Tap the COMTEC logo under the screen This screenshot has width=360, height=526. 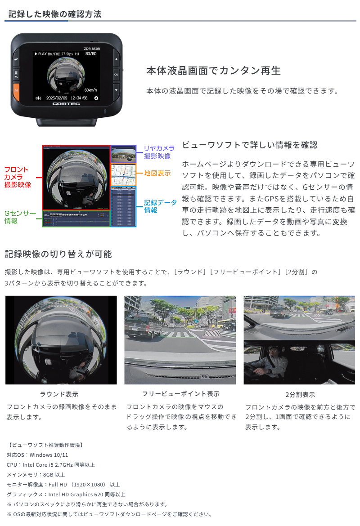(66, 104)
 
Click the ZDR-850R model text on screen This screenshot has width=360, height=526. (92, 48)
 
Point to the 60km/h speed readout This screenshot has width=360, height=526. (92, 89)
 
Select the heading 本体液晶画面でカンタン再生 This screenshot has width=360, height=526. (213, 71)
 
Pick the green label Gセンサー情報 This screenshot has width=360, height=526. (20, 217)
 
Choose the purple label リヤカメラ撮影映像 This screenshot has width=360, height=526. (159, 152)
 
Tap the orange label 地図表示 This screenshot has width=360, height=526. (157, 173)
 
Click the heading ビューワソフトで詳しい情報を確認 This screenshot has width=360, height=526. (249, 145)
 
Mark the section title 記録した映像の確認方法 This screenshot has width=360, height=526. (55, 14)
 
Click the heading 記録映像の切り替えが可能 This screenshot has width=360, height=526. (58, 254)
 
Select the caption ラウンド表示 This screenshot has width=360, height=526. (59, 394)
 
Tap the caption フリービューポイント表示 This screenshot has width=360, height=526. (180, 394)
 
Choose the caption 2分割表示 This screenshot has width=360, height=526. (300, 395)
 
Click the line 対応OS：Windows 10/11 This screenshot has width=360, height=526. (37, 455)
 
